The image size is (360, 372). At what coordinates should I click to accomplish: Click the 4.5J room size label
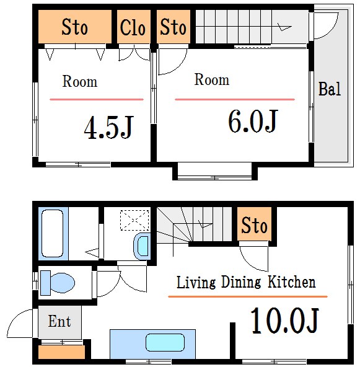109,127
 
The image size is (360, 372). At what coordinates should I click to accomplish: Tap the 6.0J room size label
253,122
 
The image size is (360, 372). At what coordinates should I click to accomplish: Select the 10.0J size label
284,321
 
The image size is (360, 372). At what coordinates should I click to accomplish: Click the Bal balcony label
330,89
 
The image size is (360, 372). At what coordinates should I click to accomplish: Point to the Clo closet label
133,27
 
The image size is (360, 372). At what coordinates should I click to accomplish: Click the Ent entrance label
59,321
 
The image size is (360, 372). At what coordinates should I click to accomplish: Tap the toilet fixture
58,283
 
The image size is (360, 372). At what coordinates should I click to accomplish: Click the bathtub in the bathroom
53,234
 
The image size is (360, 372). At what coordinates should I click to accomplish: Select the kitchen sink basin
165,342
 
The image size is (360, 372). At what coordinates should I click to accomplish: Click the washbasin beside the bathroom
143,246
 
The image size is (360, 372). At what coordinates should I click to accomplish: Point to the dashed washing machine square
134,220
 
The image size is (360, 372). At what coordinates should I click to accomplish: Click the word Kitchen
292,282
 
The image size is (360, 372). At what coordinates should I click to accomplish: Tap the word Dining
241,282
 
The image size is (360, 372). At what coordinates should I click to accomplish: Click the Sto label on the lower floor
254,225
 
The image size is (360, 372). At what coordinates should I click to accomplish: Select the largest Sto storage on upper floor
75,27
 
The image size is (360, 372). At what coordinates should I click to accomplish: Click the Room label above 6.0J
212,79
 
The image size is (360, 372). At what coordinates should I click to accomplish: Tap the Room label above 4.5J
80,81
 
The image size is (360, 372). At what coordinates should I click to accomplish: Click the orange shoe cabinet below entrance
61,352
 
